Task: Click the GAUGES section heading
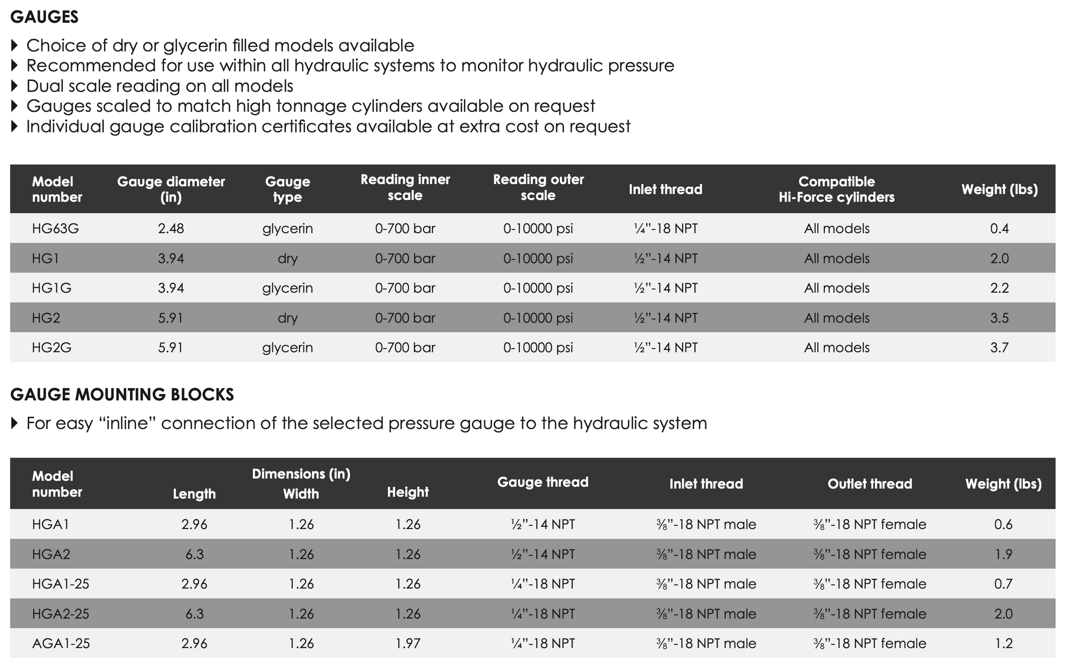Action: coord(44,17)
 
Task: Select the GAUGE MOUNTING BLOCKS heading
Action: coord(122,394)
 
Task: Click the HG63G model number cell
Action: coord(55,228)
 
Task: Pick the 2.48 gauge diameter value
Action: coord(171,228)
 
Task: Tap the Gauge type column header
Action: coord(287,189)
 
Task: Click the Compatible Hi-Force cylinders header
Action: coord(836,189)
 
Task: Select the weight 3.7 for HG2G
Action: coord(999,348)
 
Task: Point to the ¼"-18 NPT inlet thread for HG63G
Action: coord(665,228)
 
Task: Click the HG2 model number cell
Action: coord(46,318)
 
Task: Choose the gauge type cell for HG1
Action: coord(287,258)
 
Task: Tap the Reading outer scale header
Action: coord(538,187)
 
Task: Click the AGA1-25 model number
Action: coord(61,643)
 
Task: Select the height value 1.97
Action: coord(407,643)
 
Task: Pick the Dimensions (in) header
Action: coord(301,474)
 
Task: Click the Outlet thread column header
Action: coord(869,484)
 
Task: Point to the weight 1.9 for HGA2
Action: coord(1003,554)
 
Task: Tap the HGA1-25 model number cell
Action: coord(61,584)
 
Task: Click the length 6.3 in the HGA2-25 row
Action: coord(194,614)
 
